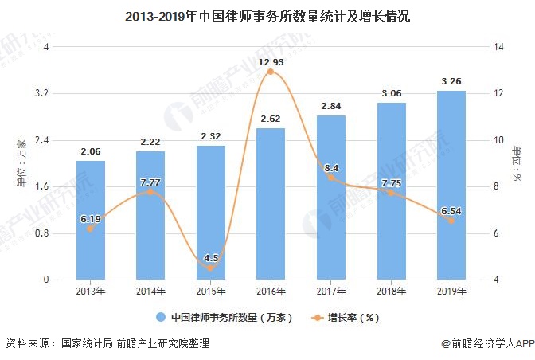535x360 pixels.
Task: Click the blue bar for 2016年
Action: click(271, 204)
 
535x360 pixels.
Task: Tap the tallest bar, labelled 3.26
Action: click(451, 185)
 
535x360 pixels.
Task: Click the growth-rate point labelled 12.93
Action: click(271, 72)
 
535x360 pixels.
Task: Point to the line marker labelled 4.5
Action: click(211, 268)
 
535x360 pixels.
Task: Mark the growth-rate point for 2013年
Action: click(91, 229)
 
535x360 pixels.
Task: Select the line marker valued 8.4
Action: click(331, 177)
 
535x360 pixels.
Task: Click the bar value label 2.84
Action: click(331, 106)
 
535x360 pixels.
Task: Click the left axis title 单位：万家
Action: click(21, 163)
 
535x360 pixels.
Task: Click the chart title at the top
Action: click(267, 16)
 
